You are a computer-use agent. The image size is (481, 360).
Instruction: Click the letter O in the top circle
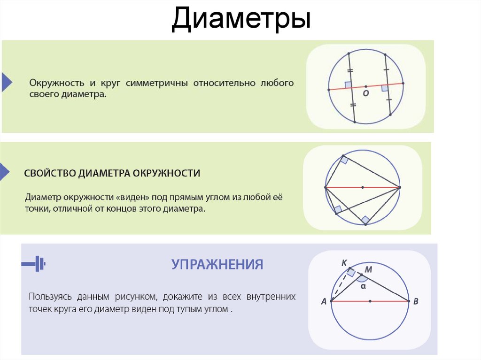tap(366, 93)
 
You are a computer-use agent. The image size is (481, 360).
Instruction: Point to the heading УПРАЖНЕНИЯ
tap(217, 264)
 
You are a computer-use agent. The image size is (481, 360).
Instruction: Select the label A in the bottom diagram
tap(324, 302)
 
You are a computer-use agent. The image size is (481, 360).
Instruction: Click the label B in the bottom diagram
tap(416, 302)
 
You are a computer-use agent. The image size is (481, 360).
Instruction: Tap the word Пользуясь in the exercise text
tap(47, 297)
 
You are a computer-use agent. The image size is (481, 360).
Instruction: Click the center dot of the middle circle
tap(363, 187)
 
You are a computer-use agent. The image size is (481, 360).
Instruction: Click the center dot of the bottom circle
tap(370, 301)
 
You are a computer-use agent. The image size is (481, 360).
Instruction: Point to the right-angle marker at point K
tap(351, 272)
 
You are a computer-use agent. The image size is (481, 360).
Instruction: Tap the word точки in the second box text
tap(38, 208)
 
